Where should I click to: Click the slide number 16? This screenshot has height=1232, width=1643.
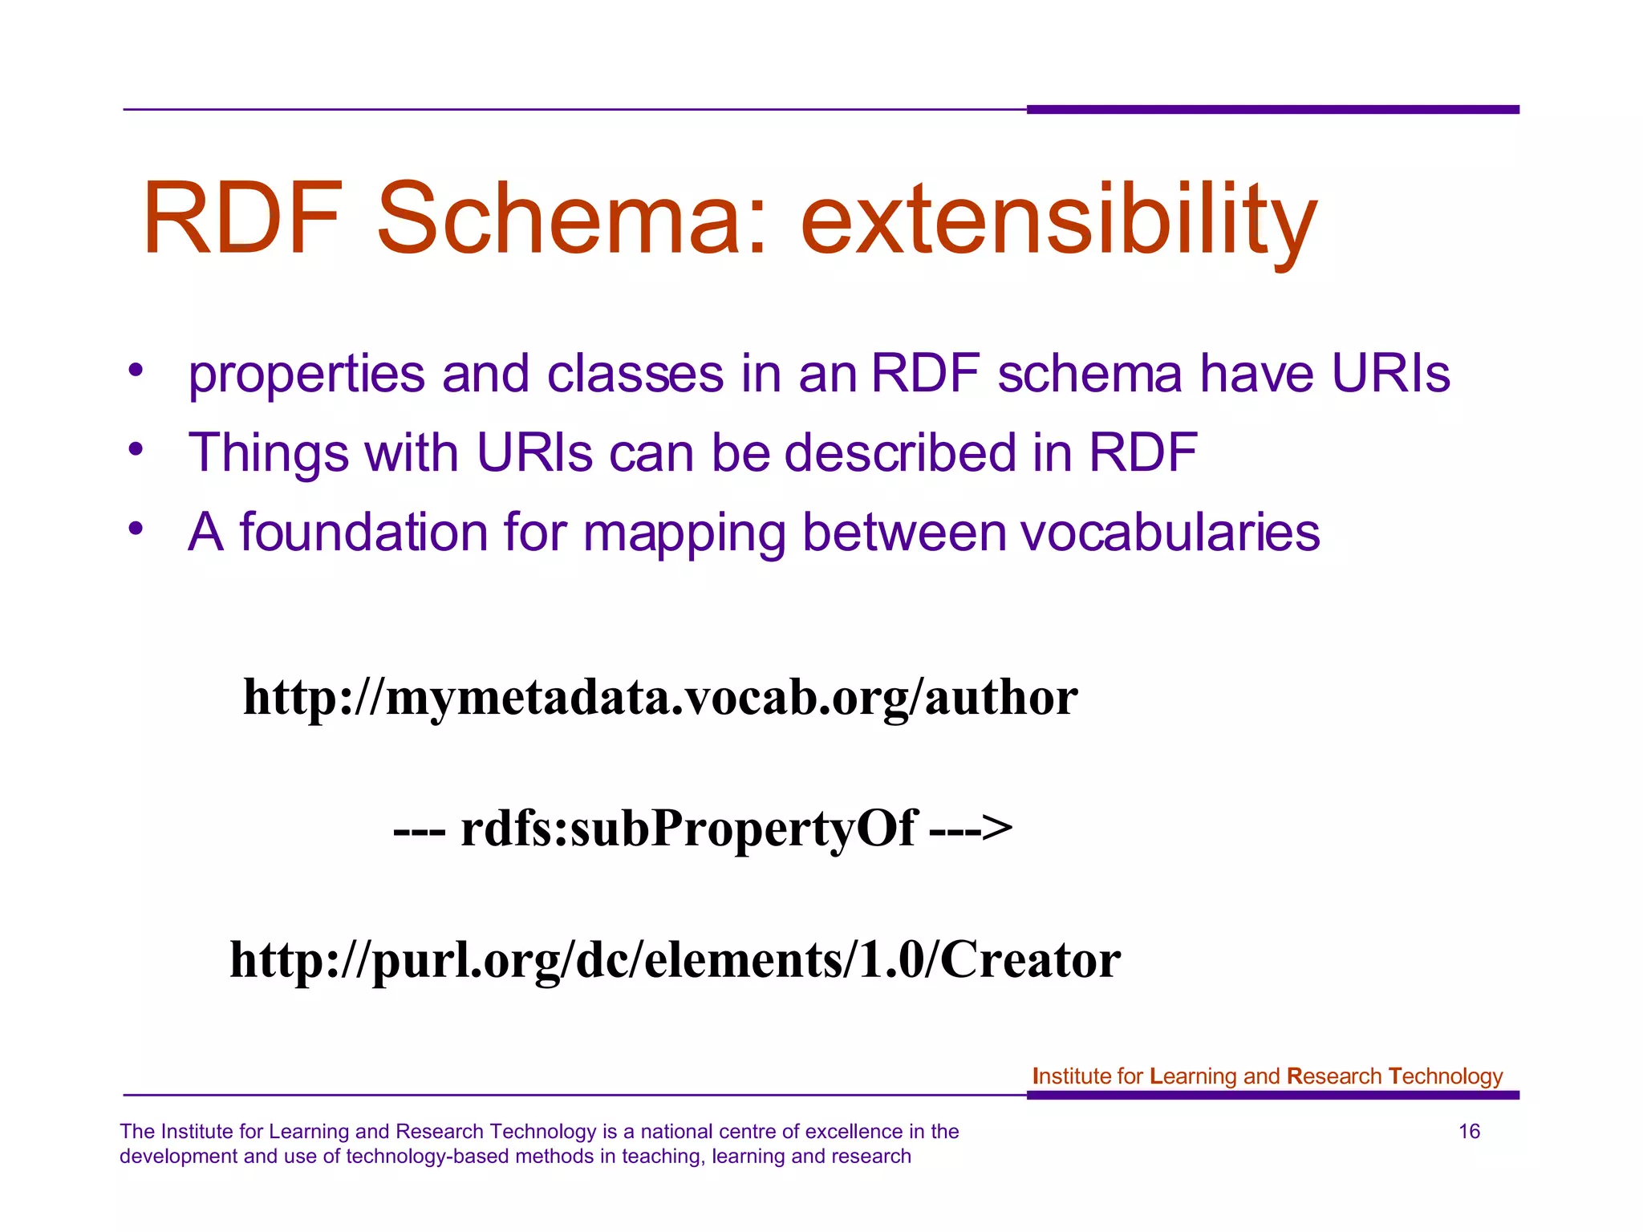tap(1469, 1131)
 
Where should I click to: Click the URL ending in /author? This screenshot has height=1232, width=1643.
tap(660, 697)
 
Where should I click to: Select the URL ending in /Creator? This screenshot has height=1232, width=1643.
tap(675, 959)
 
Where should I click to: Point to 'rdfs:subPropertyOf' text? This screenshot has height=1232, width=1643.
tap(688, 828)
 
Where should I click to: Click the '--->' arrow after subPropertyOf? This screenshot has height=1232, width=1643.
tap(971, 828)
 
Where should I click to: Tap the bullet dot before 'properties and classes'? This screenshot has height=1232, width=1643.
tap(136, 371)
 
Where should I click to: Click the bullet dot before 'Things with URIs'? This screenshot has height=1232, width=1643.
tap(136, 449)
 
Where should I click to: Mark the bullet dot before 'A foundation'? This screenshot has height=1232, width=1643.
tap(136, 528)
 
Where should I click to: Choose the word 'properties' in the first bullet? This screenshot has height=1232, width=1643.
tap(306, 375)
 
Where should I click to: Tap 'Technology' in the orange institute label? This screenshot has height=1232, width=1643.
tap(1445, 1076)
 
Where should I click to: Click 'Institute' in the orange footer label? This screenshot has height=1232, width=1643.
tap(1066, 1076)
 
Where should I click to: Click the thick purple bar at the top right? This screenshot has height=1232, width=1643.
tap(1272, 109)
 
